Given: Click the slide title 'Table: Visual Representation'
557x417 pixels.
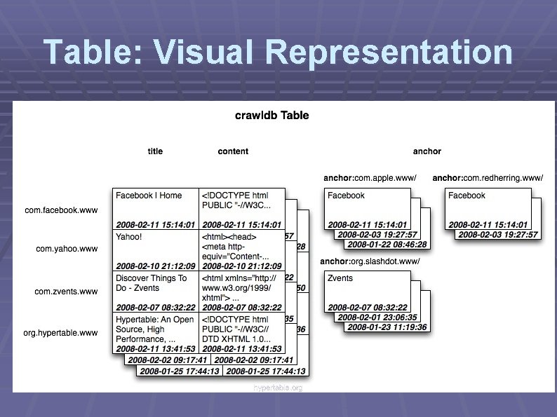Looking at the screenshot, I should [278, 53].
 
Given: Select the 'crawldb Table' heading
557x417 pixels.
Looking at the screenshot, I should [271, 115].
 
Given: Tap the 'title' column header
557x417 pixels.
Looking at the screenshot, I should [155, 151].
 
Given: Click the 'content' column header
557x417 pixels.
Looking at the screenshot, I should [233, 151].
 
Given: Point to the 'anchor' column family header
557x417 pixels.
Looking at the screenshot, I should [427, 151].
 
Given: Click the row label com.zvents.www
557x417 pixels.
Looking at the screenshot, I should [67, 292].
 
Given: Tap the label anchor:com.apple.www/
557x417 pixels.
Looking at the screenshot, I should [370, 178].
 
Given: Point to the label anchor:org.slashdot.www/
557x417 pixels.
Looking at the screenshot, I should [370, 261].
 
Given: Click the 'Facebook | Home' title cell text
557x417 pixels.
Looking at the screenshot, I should [149, 196].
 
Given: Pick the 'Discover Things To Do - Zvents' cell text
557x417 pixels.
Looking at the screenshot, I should [151, 282].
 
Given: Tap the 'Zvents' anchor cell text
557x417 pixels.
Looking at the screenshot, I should [340, 278].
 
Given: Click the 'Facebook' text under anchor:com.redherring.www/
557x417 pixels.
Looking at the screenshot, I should [467, 196].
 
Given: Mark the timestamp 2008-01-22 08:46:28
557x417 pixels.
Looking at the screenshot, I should [387, 244].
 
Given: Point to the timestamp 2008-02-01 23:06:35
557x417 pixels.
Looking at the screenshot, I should [377, 317].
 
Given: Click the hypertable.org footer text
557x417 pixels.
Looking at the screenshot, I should [278, 388].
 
